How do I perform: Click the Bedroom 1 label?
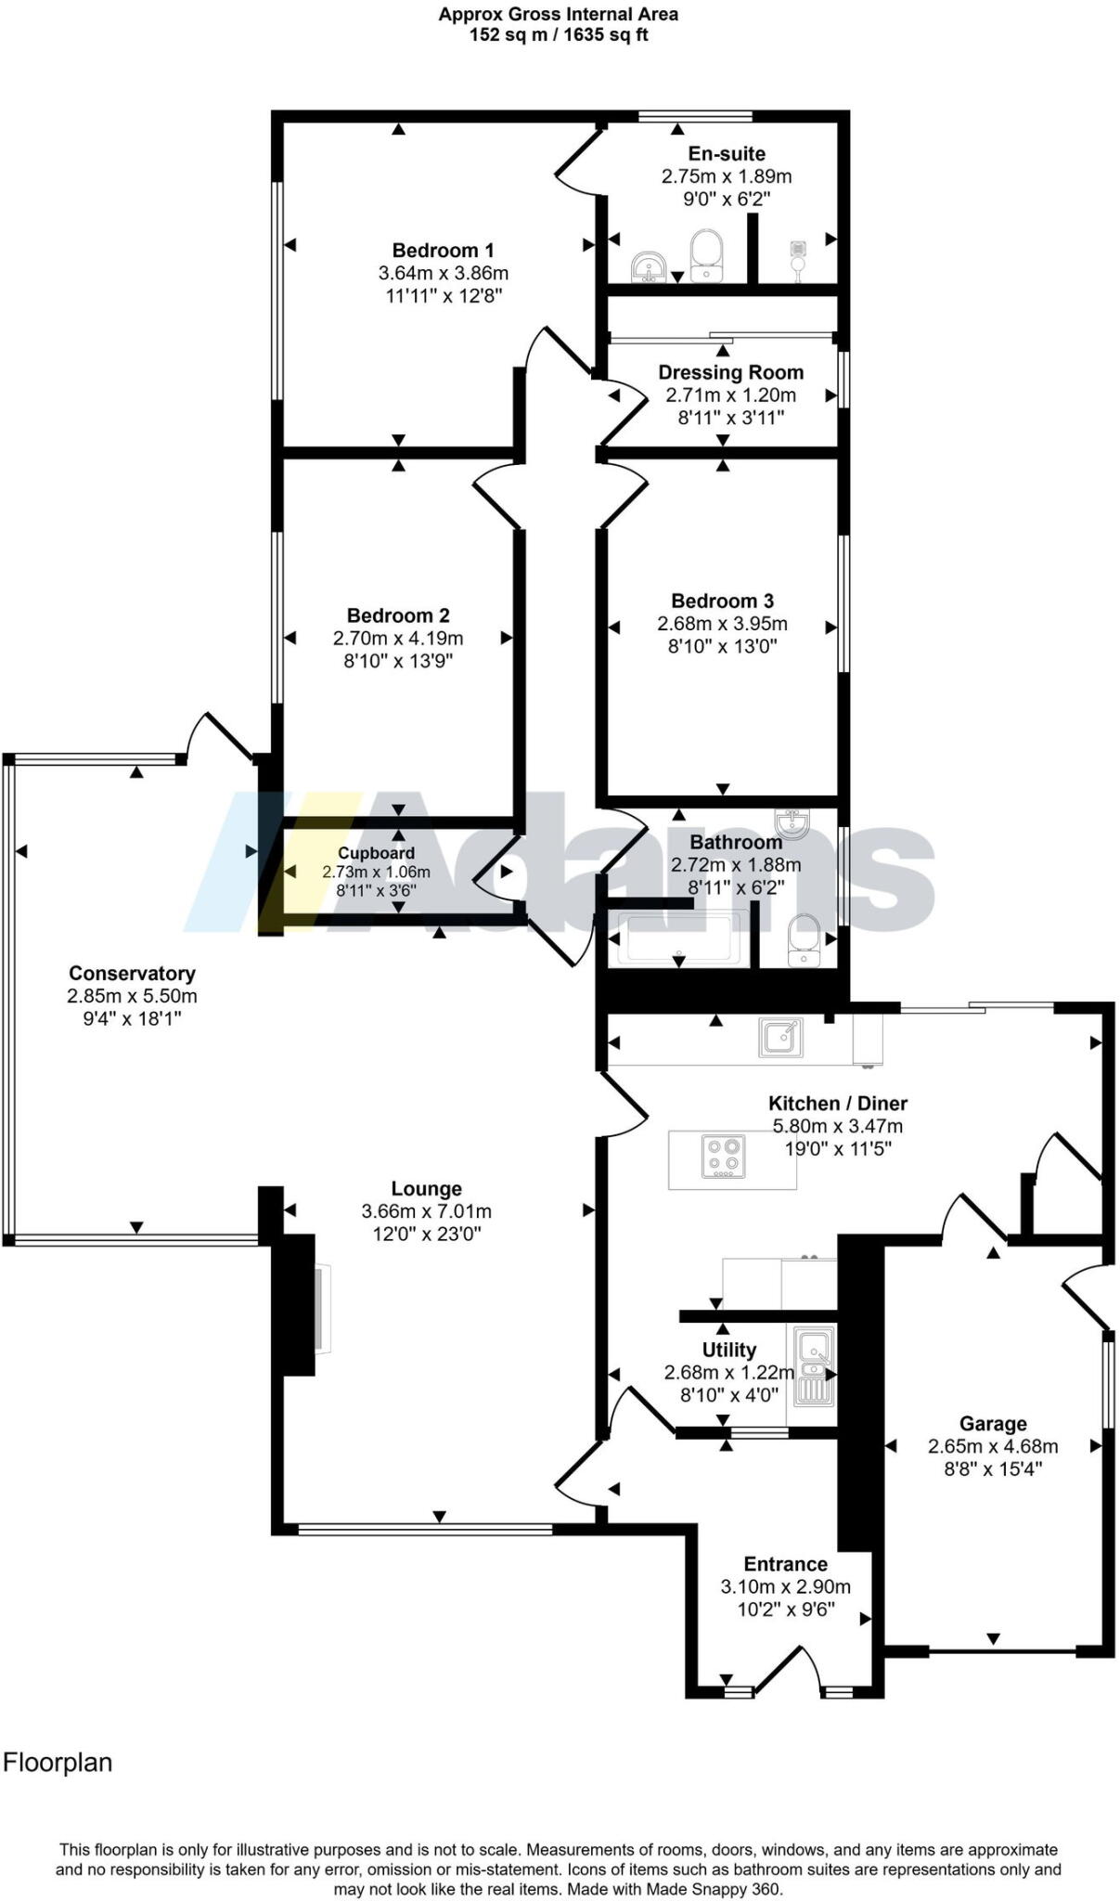pyautogui.click(x=443, y=250)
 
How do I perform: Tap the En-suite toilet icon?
pyautogui.click(x=708, y=255)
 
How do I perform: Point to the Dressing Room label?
pyautogui.click(x=730, y=372)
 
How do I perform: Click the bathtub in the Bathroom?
pyautogui.click(x=682, y=938)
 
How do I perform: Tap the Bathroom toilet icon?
pyautogui.click(x=805, y=940)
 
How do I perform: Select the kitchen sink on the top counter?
pyautogui.click(x=781, y=1037)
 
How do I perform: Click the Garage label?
pyautogui.click(x=993, y=1423)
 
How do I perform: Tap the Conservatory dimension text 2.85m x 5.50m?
pyautogui.click(x=132, y=996)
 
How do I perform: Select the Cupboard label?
pyautogui.click(x=376, y=853)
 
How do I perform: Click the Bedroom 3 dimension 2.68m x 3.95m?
pyautogui.click(x=722, y=624)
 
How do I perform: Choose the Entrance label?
pyautogui.click(x=785, y=1564)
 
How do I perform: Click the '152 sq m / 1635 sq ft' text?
pyautogui.click(x=559, y=35)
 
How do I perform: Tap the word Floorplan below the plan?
pyautogui.click(x=58, y=1763)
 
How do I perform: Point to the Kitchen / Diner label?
pyautogui.click(x=837, y=1103)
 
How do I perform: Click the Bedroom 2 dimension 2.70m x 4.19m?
pyautogui.click(x=398, y=639)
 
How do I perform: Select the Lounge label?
pyautogui.click(x=426, y=1188)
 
